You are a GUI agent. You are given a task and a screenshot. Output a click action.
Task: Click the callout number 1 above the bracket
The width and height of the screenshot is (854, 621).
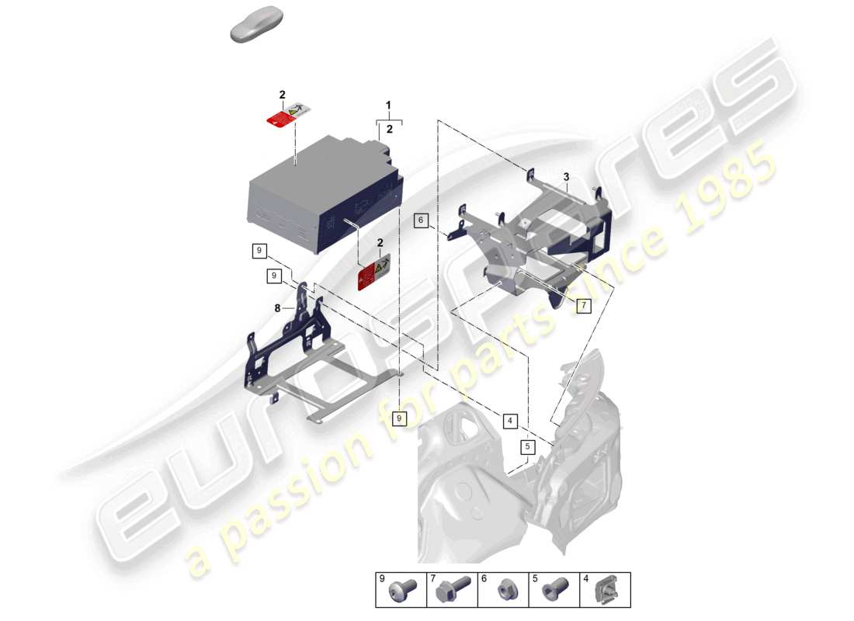point(389,105)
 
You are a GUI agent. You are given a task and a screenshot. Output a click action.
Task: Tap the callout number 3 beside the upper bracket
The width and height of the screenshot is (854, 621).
point(567,177)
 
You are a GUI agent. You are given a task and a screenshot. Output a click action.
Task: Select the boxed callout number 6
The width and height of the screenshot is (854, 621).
point(421,220)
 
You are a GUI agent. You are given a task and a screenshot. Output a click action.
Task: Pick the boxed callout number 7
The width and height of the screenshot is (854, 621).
point(584,305)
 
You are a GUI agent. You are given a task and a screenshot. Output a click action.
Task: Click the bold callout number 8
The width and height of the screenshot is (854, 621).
point(277,308)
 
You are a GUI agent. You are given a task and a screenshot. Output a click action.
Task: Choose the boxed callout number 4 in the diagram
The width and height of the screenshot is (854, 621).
point(510,422)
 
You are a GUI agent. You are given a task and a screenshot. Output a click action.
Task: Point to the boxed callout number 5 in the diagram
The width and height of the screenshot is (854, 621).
point(527,447)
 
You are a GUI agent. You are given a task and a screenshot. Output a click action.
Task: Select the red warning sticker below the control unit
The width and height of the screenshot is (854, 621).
point(373,274)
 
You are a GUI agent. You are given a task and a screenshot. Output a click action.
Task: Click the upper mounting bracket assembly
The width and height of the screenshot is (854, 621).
point(543,233)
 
